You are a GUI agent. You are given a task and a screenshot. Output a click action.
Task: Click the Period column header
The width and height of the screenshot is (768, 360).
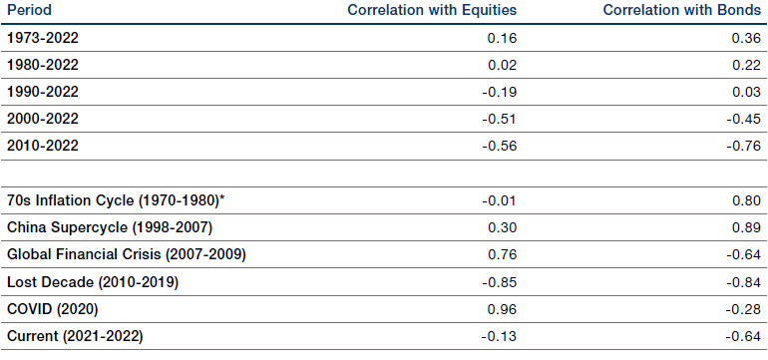click(29, 10)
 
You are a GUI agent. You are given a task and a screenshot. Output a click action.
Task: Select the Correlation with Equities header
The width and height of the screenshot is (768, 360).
click(432, 10)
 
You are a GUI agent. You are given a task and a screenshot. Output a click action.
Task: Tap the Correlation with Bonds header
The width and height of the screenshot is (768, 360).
click(682, 10)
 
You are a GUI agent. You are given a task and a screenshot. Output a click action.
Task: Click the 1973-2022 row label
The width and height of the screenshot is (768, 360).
click(43, 38)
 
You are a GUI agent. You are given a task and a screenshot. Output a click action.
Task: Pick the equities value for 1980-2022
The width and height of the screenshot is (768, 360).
click(502, 65)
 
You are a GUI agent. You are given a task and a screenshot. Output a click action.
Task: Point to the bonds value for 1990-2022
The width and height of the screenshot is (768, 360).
click(746, 92)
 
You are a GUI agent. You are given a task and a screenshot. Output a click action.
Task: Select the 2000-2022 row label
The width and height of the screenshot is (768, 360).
click(43, 119)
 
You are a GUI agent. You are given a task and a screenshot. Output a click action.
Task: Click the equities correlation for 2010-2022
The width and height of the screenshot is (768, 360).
click(499, 146)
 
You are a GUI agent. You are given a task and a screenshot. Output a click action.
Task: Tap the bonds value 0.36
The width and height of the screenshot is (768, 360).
click(746, 38)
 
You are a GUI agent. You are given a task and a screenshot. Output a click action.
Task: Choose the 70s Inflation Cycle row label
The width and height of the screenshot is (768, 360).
click(116, 200)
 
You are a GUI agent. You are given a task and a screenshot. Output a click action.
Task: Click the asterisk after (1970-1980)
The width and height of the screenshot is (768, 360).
click(221, 197)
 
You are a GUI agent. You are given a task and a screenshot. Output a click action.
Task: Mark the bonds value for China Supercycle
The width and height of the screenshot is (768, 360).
click(746, 227)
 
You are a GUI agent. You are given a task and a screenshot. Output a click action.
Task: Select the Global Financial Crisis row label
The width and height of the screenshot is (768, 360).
click(127, 254)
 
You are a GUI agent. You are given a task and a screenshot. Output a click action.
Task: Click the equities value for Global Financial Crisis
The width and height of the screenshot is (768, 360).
click(502, 254)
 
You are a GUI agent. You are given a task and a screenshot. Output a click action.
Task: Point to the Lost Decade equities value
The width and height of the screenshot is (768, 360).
click(499, 282)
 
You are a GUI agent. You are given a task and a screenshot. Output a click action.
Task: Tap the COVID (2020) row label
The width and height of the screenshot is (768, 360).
click(53, 309)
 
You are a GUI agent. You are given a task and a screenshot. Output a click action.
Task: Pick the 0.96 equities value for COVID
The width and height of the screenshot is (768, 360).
click(502, 309)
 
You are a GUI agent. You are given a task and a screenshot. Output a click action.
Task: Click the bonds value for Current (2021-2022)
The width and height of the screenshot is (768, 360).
click(743, 337)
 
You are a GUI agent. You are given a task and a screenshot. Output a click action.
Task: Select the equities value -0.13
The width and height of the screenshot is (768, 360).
click(499, 337)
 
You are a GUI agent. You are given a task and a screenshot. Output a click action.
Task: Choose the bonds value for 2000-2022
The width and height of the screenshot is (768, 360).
click(743, 119)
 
